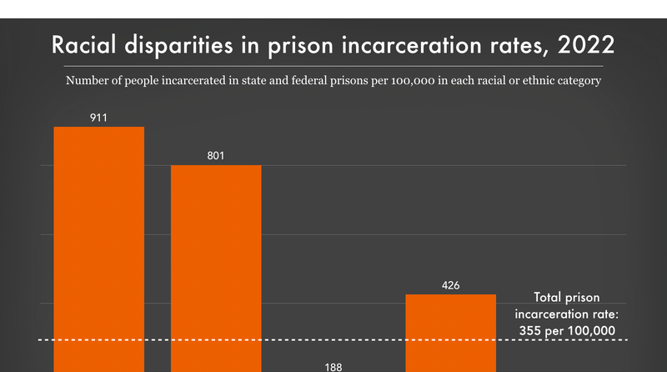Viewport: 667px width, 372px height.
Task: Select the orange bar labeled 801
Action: click(216, 268)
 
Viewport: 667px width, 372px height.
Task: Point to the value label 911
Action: click(98, 118)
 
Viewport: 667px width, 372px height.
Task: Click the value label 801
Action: click(216, 156)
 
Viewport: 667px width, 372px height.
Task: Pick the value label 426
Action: click(450, 285)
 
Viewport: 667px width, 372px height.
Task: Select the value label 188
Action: click(333, 365)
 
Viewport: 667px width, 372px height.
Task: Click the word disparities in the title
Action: click(176, 45)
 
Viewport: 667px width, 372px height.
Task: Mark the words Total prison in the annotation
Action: click(565, 298)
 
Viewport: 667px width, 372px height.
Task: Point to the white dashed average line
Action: click(250, 340)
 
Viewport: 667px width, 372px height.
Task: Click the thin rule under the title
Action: click(333, 65)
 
